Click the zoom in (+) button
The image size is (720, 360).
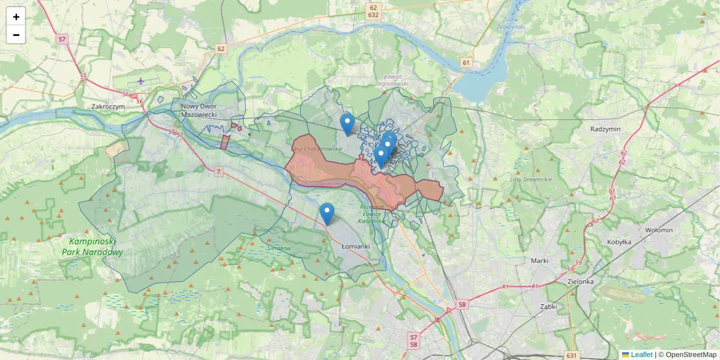[16, 17]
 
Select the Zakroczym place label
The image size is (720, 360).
[108, 106]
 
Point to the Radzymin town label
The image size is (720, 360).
[605, 129]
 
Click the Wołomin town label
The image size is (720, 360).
[660, 230]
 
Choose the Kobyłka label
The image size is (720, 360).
[619, 242]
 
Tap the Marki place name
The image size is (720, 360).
[540, 260]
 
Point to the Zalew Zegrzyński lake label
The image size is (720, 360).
[511, 23]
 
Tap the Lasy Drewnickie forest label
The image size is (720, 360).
[530, 179]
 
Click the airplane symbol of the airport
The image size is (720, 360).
[140, 81]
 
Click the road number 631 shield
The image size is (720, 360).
[571, 355]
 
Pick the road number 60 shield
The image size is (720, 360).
[595, 221]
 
